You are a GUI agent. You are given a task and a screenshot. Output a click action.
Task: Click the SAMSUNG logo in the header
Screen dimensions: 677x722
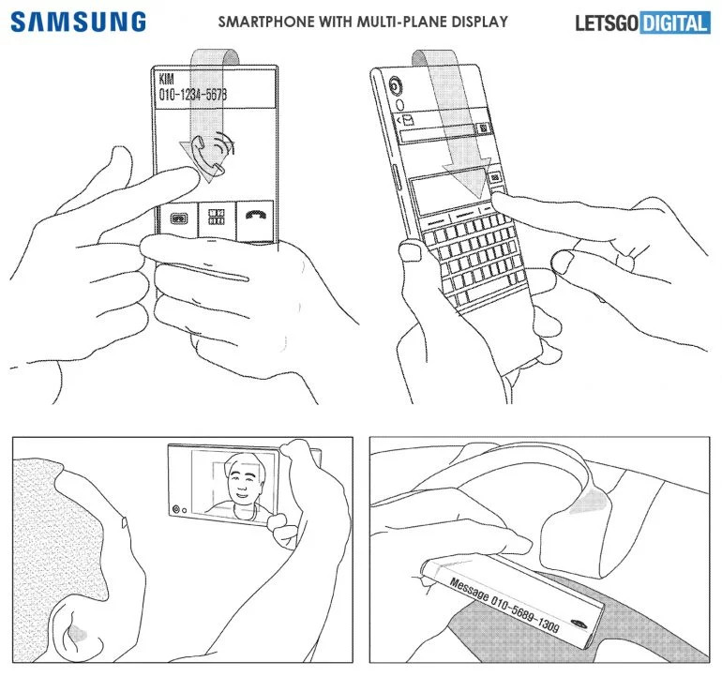pyautogui.click(x=79, y=22)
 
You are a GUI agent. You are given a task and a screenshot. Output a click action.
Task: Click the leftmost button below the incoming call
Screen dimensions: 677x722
pyautogui.click(x=176, y=218)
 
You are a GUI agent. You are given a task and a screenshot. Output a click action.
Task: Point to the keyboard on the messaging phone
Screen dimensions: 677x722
pyautogui.click(x=469, y=253)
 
